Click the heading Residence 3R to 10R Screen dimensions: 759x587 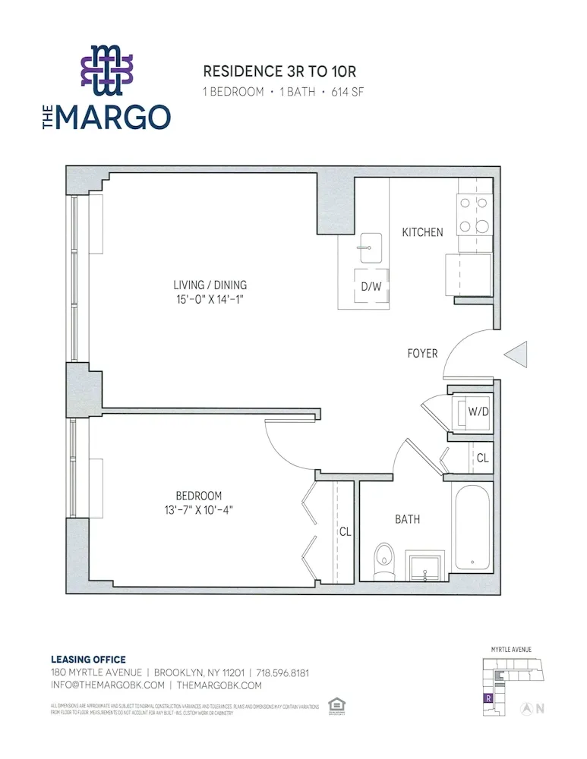point(279,71)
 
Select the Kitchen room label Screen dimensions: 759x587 point(422,232)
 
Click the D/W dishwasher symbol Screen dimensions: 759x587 point(371,287)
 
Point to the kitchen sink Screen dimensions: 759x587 point(371,247)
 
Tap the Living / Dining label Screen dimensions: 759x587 point(210,285)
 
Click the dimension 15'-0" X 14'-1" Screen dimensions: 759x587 point(210,300)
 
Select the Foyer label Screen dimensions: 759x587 point(422,353)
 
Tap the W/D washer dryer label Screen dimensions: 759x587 point(478,413)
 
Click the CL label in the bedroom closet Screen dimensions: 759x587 point(345,532)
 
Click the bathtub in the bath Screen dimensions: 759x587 point(472,530)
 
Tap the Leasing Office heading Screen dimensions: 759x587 point(88,660)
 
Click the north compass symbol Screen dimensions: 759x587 point(525,709)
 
